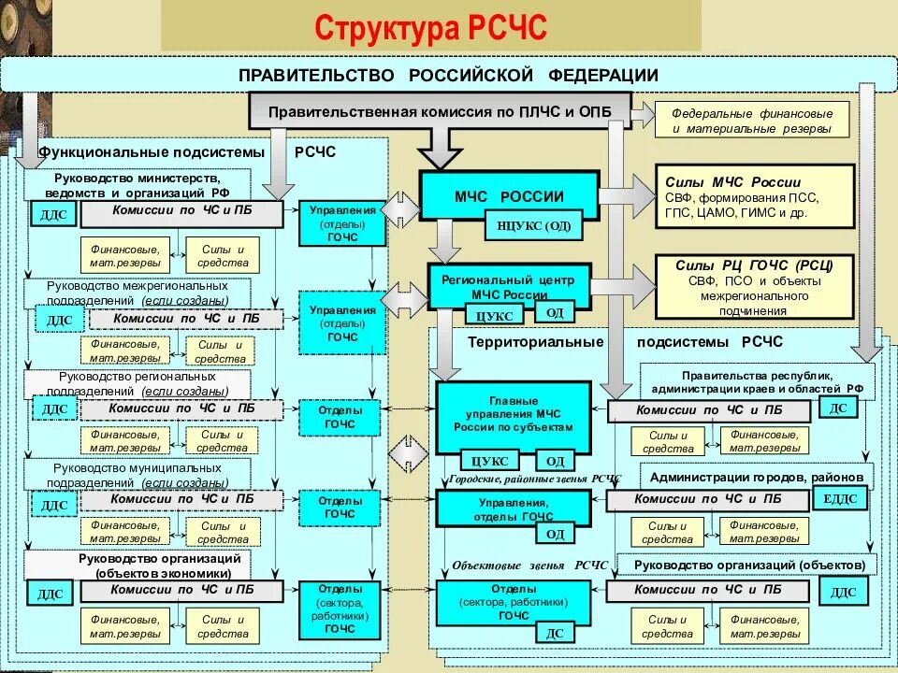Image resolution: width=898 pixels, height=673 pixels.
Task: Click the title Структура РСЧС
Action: (430, 27)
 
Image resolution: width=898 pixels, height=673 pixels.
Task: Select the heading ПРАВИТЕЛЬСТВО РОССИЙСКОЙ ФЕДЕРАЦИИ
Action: (448, 75)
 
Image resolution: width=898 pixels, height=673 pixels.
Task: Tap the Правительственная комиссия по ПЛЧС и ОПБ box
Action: (440, 111)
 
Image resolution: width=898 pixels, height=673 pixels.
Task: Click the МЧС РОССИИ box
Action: (509, 197)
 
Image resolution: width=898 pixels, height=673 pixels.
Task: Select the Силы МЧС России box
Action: (754, 196)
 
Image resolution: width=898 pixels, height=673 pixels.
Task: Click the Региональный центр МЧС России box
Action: (509, 286)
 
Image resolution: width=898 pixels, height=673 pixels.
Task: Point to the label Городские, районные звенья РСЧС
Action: (534, 479)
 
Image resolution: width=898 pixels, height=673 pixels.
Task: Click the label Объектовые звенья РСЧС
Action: (529, 566)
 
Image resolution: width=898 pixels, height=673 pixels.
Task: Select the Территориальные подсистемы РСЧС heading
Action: (625, 342)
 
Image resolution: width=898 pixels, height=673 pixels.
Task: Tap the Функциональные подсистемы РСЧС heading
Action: (187, 152)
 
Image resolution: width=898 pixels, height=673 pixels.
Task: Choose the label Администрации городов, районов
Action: (757, 478)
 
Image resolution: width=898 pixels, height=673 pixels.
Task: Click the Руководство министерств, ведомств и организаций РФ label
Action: (138, 184)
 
